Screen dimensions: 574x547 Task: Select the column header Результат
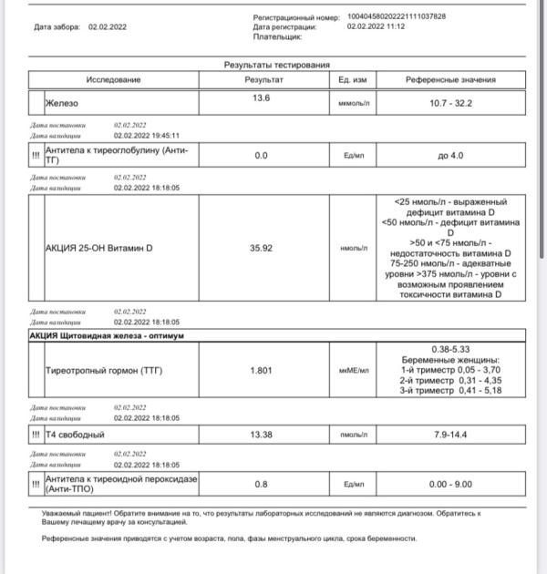click(x=264, y=80)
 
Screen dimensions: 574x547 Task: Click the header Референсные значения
click(x=451, y=80)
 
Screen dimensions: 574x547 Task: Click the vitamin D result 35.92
click(x=262, y=247)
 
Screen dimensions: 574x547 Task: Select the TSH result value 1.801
click(x=262, y=370)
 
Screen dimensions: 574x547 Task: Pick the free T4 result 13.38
click(x=262, y=436)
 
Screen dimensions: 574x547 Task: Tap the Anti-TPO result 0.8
click(x=261, y=484)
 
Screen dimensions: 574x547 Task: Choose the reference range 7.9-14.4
click(x=451, y=436)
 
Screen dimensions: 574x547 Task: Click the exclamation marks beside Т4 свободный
click(x=36, y=436)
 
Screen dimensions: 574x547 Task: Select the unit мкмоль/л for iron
click(x=355, y=104)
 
